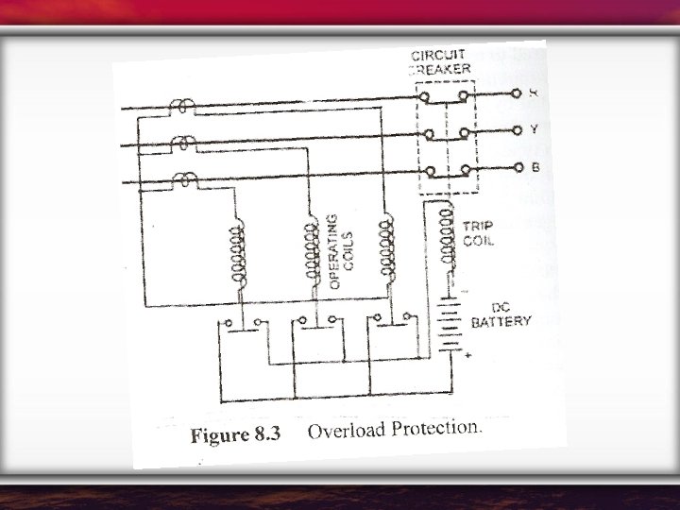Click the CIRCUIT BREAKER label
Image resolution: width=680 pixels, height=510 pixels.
pyautogui.click(x=439, y=62)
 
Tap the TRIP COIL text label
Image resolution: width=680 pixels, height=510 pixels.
pyautogui.click(x=478, y=232)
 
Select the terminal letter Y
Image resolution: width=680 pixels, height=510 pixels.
pyautogui.click(x=535, y=129)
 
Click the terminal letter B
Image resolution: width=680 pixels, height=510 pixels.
pyautogui.click(x=535, y=167)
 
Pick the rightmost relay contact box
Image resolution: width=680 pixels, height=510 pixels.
pyautogui.click(x=390, y=331)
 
